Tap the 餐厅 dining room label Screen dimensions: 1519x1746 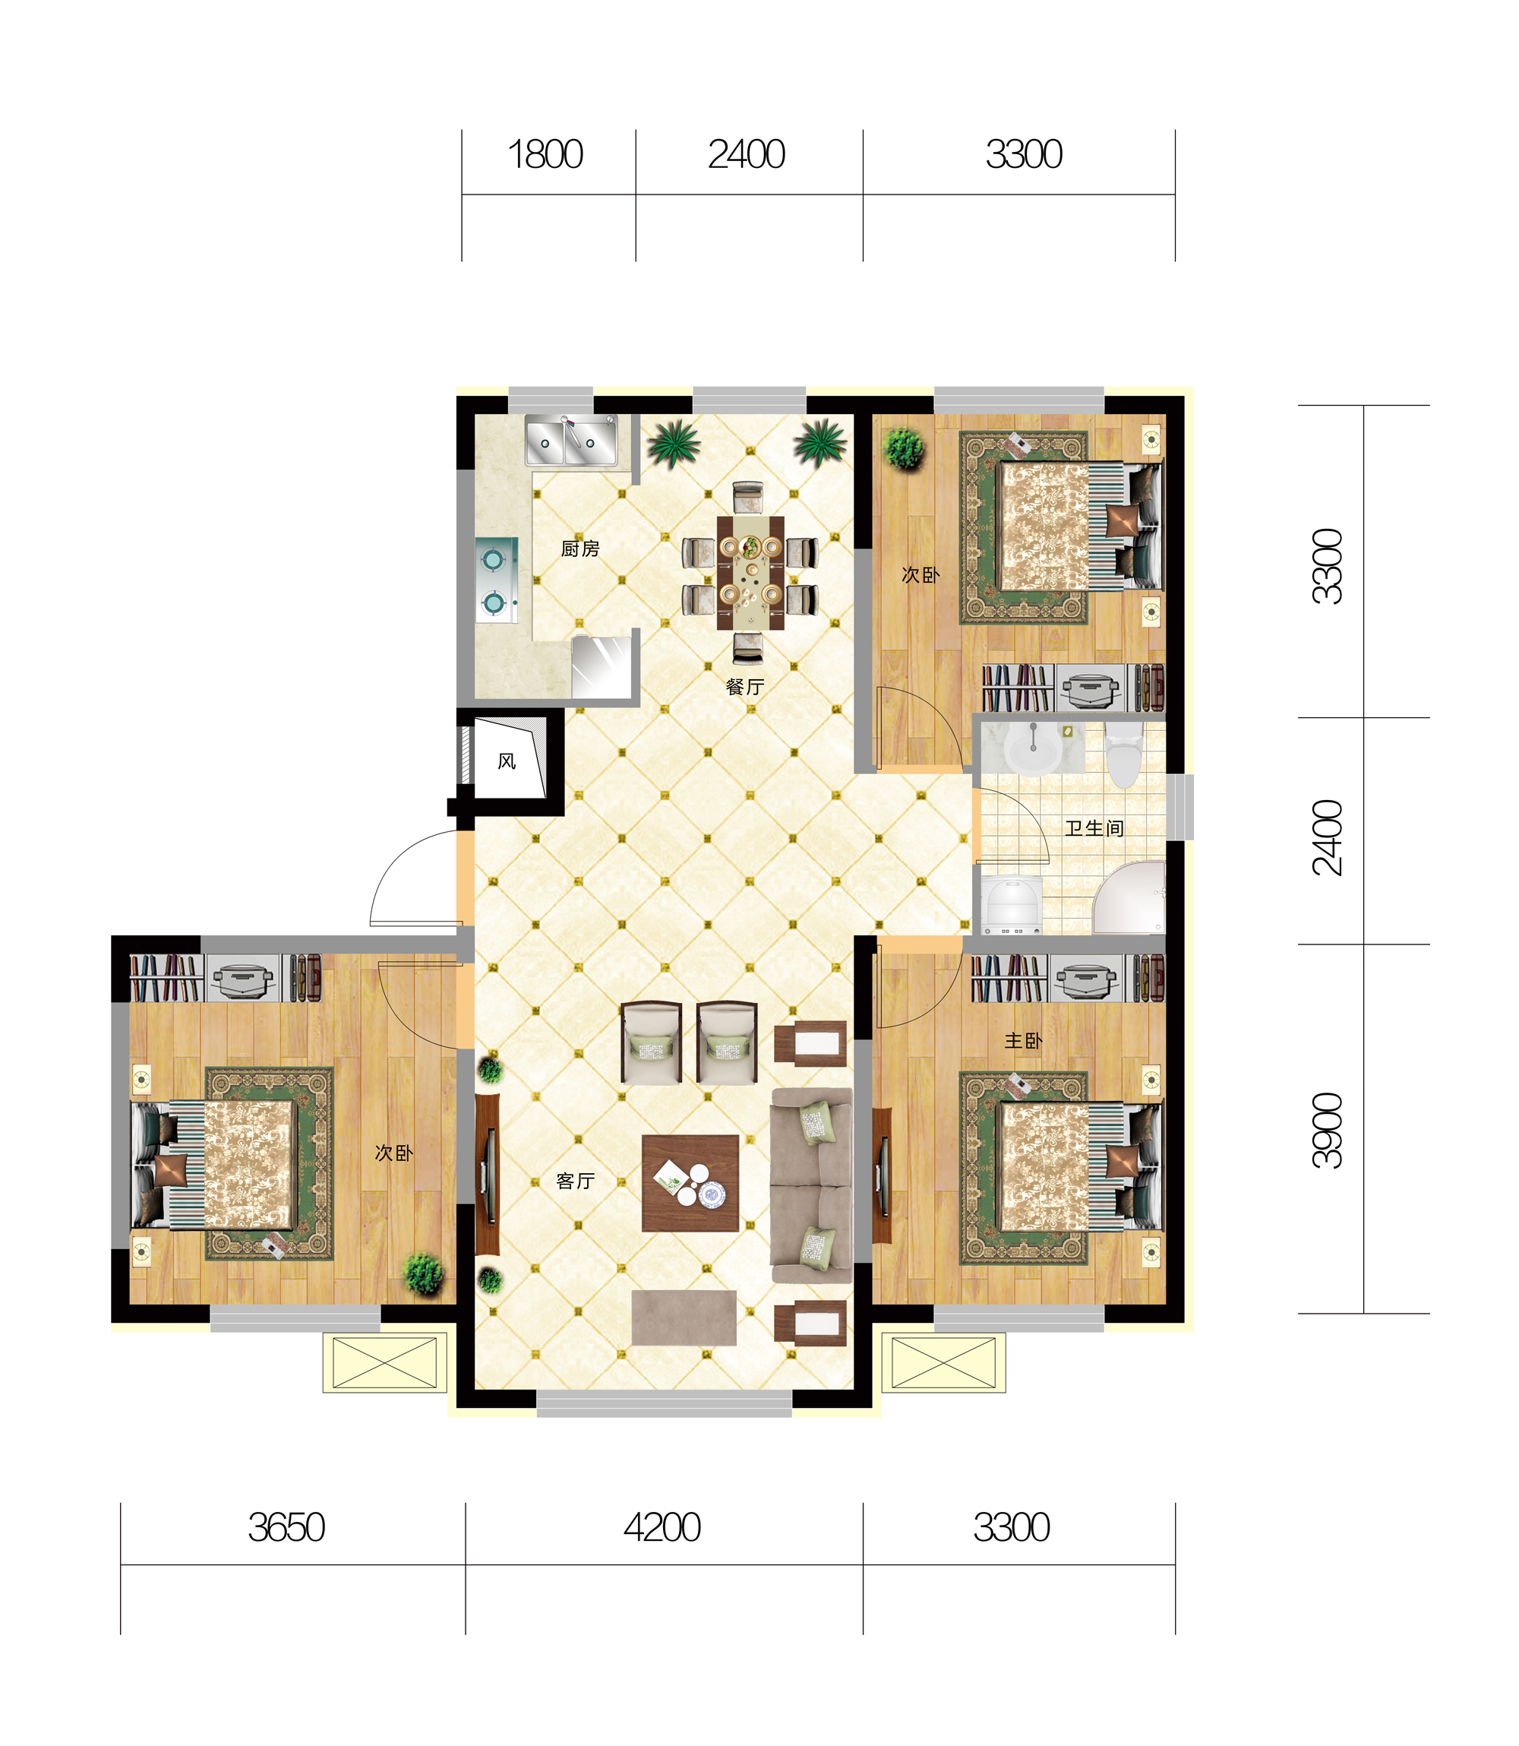click(x=745, y=687)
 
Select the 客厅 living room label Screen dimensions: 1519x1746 click(x=576, y=1181)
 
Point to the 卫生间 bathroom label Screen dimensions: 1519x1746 click(x=1094, y=828)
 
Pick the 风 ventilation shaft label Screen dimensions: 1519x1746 click(x=507, y=761)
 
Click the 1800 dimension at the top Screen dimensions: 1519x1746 click(x=545, y=154)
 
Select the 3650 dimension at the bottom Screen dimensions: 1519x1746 click(x=286, y=1528)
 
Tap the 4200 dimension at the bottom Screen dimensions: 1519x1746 click(x=662, y=1528)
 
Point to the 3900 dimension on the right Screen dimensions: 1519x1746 click(x=1328, y=1131)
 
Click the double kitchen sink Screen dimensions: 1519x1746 click(x=571, y=440)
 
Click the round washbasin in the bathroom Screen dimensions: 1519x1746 click(x=1032, y=748)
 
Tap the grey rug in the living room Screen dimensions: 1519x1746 click(x=684, y=1317)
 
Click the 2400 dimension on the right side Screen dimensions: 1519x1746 click(x=1328, y=837)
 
